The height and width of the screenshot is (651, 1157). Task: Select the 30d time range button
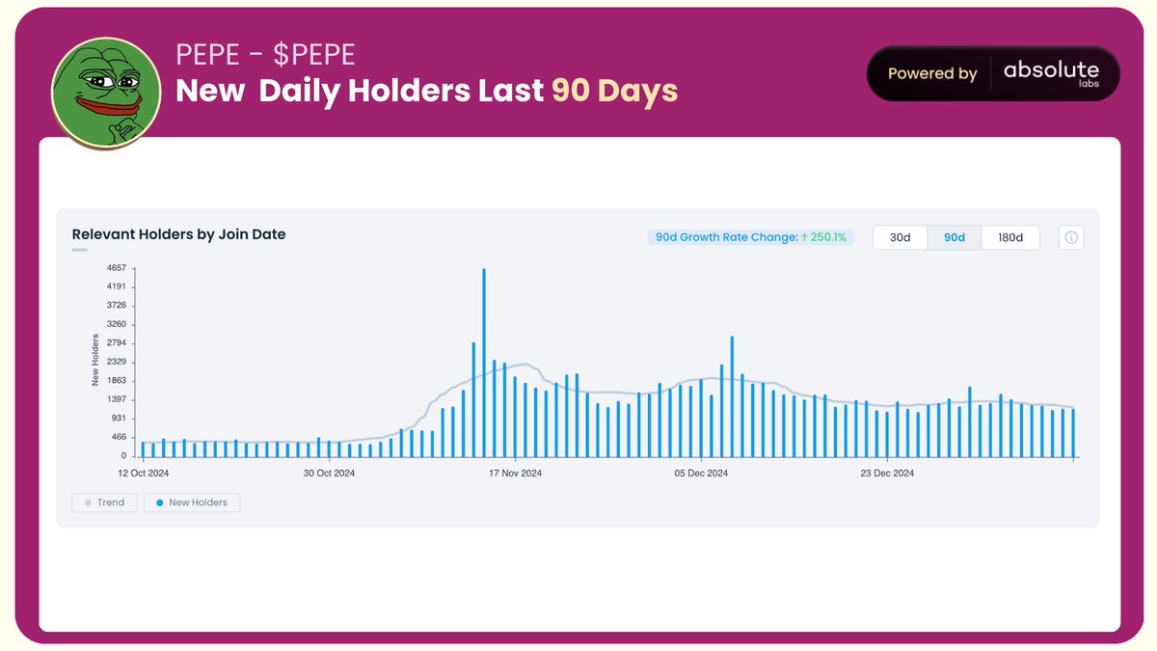(900, 237)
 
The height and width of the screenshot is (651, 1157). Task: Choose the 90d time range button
(955, 237)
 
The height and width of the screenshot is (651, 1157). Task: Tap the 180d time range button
(1010, 237)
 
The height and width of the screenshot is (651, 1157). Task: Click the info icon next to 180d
(1071, 237)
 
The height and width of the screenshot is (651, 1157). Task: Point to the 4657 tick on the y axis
(117, 268)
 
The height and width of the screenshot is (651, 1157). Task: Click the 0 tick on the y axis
(123, 456)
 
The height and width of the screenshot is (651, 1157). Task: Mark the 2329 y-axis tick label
(117, 362)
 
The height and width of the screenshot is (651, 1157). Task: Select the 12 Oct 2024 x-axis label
(144, 474)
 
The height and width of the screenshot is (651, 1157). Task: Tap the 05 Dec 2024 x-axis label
(702, 474)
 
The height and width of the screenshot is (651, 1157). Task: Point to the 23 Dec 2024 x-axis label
(887, 474)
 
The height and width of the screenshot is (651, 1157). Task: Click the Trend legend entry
(104, 502)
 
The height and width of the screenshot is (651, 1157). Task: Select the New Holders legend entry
(192, 502)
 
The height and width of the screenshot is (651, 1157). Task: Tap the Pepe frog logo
(106, 94)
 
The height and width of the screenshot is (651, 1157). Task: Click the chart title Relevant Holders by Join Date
(178, 234)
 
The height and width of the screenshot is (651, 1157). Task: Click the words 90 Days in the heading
(614, 91)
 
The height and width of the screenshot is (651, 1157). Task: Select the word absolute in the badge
(1051, 69)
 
